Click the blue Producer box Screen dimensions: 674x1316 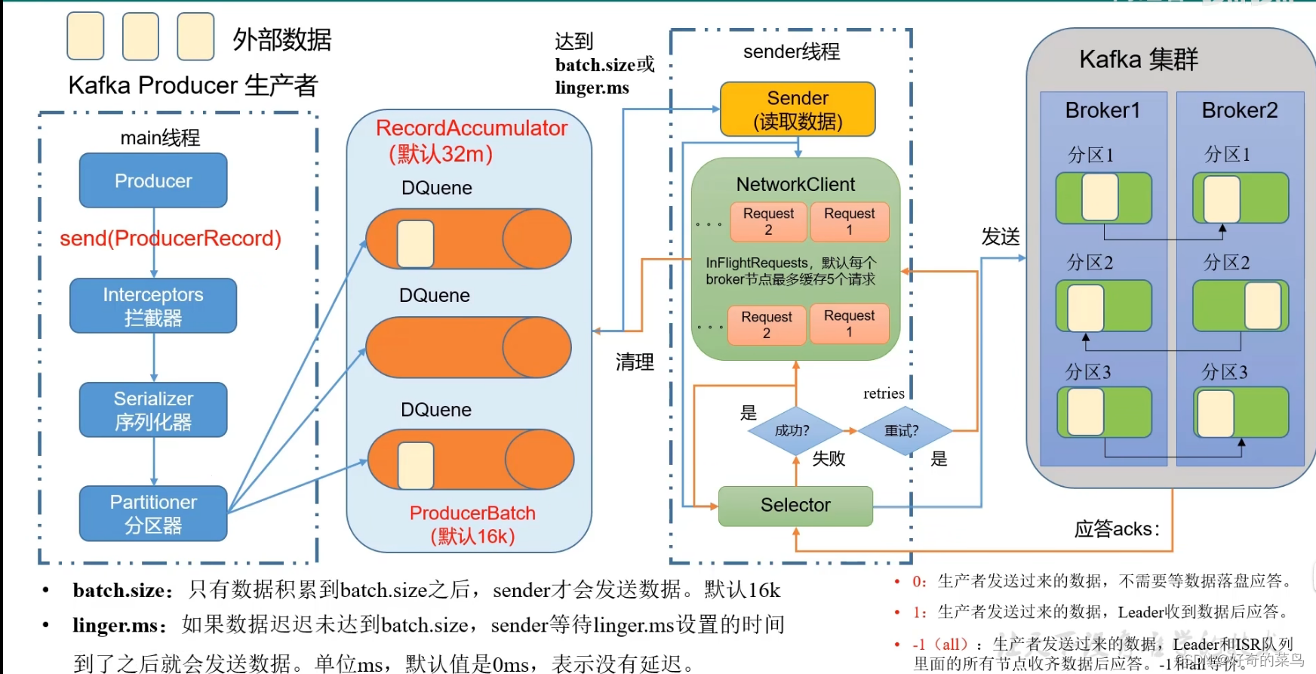(x=153, y=181)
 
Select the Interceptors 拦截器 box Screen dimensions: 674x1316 (x=153, y=306)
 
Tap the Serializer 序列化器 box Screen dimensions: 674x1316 (x=153, y=410)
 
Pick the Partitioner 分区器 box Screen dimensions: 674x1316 (x=153, y=513)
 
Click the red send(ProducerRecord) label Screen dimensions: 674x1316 (x=171, y=239)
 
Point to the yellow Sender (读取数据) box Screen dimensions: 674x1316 (x=798, y=109)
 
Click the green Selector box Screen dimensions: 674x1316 (x=795, y=506)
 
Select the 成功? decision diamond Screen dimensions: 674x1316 (x=792, y=431)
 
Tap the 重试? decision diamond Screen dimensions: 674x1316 (x=902, y=431)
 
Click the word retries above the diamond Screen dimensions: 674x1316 (x=884, y=393)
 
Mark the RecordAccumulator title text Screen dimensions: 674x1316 (x=472, y=128)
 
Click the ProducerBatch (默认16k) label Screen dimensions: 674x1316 (x=472, y=525)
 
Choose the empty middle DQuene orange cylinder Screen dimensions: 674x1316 (x=468, y=348)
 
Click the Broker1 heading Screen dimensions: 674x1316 (x=1102, y=110)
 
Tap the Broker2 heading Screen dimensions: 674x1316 (x=1240, y=110)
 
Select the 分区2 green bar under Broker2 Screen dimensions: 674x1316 (x=1240, y=306)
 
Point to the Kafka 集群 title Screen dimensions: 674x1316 (x=1139, y=59)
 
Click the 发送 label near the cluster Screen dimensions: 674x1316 (x=1001, y=237)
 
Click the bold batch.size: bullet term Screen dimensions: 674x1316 (x=123, y=590)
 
